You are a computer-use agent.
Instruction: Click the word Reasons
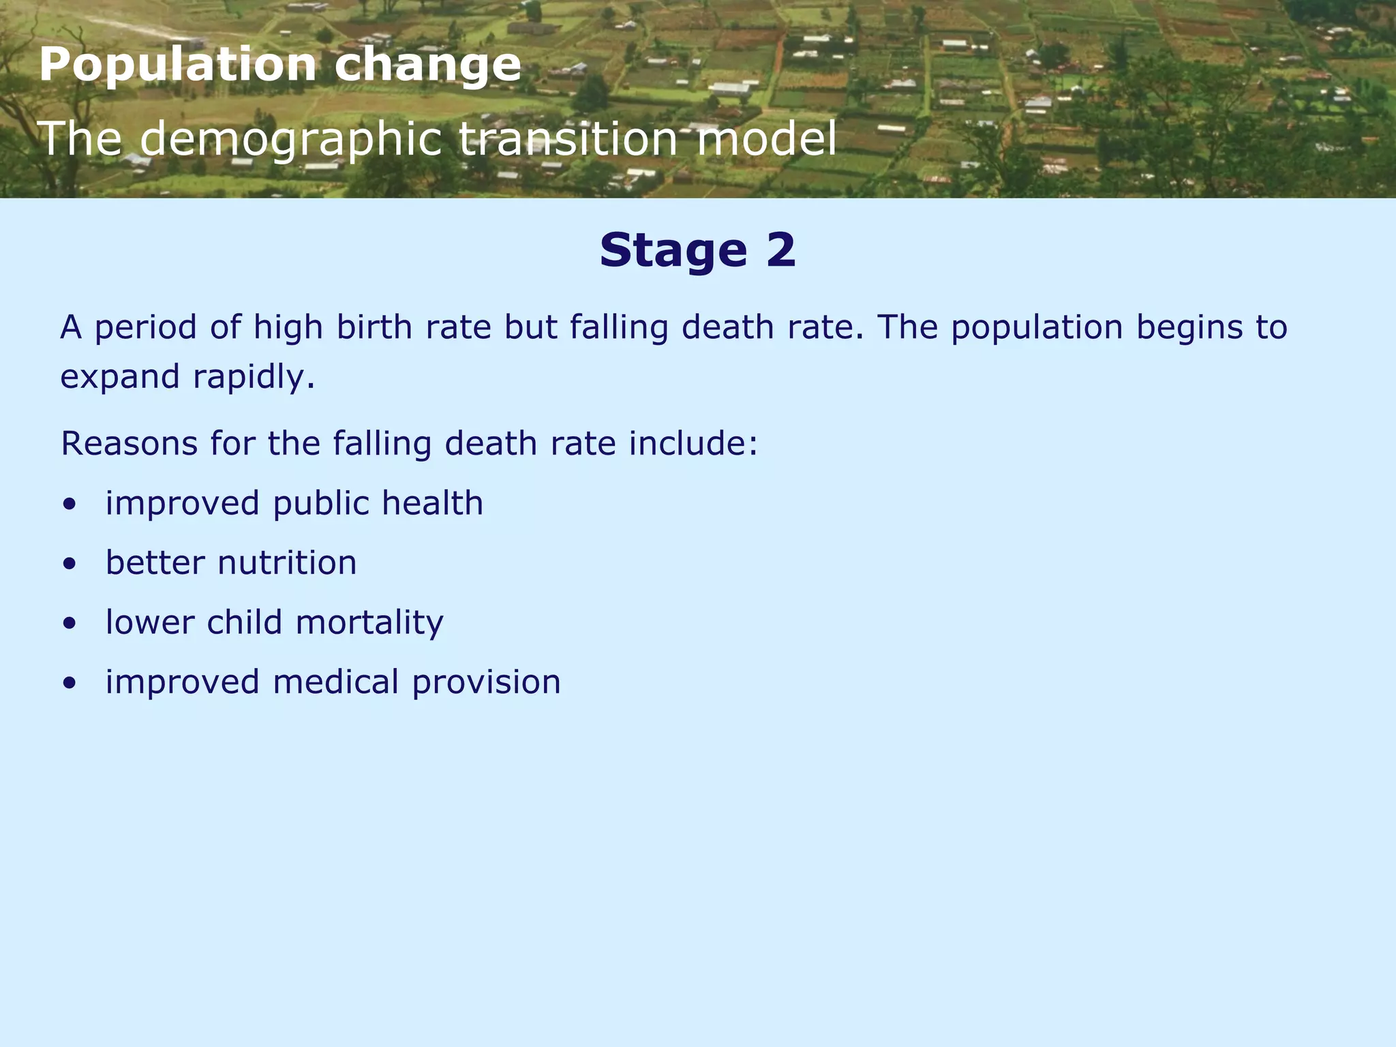tap(130, 444)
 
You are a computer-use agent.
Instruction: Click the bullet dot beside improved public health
tap(69, 505)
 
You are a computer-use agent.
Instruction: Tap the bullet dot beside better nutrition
tap(69, 564)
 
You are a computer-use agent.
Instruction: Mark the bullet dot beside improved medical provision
tap(69, 684)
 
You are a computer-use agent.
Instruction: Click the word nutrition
tap(287, 563)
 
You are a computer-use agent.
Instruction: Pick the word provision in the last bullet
tap(486, 683)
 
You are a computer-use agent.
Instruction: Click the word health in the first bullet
tap(432, 504)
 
